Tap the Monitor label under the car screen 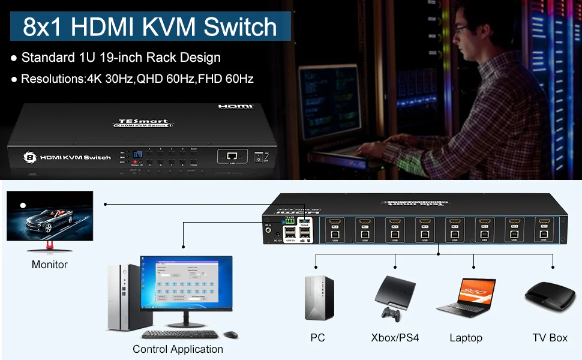click(x=50, y=265)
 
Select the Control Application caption click(x=178, y=349)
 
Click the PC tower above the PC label click(x=318, y=298)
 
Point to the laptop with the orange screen click(x=466, y=297)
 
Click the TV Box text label click(x=550, y=338)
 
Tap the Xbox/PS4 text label click(x=395, y=338)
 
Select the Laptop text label click(x=466, y=338)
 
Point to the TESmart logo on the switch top click(x=143, y=121)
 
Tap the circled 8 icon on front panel click(x=29, y=157)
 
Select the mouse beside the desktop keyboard click(x=231, y=334)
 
